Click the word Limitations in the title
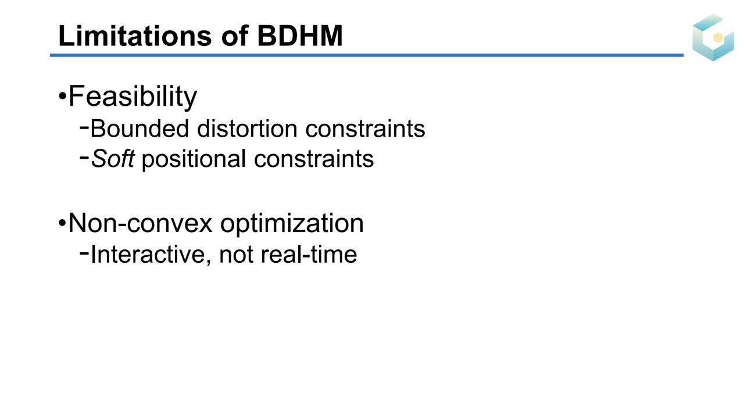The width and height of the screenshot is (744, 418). tap(135, 35)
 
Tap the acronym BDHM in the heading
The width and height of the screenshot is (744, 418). tap(299, 35)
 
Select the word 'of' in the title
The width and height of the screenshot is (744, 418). tap(234, 35)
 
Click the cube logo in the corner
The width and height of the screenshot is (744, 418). tap(713, 38)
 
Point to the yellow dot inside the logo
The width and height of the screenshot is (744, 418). tap(718, 38)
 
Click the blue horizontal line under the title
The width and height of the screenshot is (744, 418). tap(367, 55)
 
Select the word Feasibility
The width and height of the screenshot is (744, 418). tap(133, 97)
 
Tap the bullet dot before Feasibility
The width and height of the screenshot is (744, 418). tap(62, 97)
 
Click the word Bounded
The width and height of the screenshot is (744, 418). tap(139, 128)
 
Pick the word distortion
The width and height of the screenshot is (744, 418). tap(247, 128)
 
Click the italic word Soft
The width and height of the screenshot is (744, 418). tap(113, 159)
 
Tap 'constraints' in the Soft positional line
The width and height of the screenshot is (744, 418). tap(314, 159)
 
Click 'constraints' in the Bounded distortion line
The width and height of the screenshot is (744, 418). tap(366, 128)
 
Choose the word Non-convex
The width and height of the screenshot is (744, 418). tap(140, 223)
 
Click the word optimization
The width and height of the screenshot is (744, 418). tap(292, 224)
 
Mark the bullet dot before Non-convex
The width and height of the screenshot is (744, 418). tap(62, 223)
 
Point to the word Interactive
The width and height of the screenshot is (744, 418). tap(151, 255)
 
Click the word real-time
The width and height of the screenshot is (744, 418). tap(309, 255)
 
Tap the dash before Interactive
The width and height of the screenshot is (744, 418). tap(84, 253)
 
